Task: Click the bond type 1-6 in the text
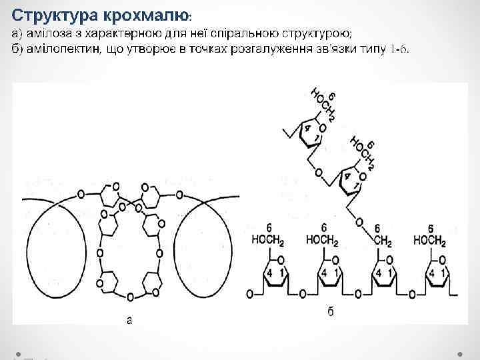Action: (400, 50)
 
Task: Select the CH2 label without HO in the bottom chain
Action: (382, 241)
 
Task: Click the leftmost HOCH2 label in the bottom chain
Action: (269, 241)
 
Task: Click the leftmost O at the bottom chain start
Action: (249, 293)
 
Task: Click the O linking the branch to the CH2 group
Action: (358, 222)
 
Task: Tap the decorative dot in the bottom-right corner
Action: (461, 351)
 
